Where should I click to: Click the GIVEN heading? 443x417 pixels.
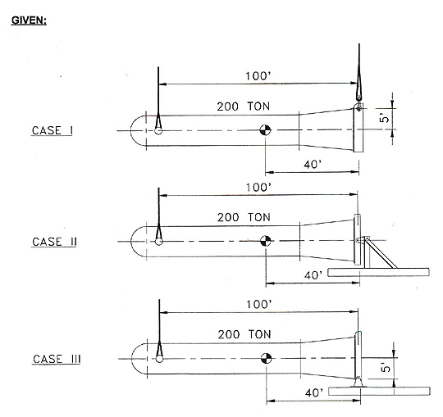pos(29,20)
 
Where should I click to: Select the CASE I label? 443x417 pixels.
pos(53,130)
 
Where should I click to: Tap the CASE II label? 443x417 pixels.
pos(54,242)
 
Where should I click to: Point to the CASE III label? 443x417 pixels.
pos(57,359)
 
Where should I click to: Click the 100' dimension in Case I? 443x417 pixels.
pos(258,76)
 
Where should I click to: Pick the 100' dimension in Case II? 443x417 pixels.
pos(258,188)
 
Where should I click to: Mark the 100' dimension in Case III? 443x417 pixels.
pos(259,305)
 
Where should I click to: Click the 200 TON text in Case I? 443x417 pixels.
pos(244,107)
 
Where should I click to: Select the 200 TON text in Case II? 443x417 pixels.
pos(244,218)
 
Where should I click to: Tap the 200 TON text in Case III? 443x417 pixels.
pos(244,334)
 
